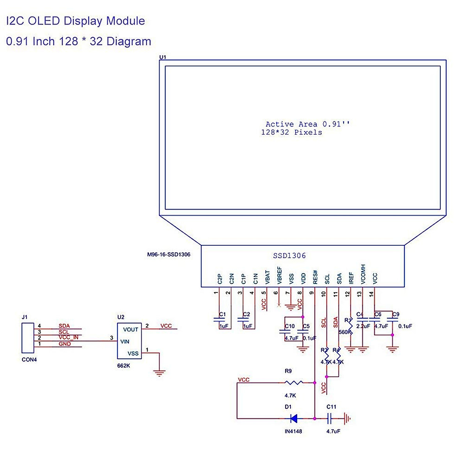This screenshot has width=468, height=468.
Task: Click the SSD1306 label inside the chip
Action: (x=289, y=256)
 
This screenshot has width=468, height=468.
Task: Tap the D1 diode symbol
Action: (x=294, y=419)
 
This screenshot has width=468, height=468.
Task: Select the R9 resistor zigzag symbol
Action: (x=294, y=383)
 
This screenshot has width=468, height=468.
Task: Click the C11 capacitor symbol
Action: (x=330, y=419)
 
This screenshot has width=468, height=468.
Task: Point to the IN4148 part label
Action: (x=293, y=431)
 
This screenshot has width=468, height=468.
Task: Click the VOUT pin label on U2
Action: (x=131, y=330)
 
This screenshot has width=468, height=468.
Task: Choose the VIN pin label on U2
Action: (x=125, y=342)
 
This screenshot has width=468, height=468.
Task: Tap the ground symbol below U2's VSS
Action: (x=159, y=373)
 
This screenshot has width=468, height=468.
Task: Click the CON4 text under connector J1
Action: (x=29, y=360)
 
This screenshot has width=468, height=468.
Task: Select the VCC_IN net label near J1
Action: (x=68, y=337)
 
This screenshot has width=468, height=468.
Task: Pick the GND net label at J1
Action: (x=65, y=344)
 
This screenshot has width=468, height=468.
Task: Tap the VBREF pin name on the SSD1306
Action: (x=279, y=275)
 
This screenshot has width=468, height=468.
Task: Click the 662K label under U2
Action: (x=124, y=366)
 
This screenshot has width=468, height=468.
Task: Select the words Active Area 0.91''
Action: (x=308, y=124)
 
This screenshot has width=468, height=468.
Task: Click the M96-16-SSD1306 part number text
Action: (x=168, y=255)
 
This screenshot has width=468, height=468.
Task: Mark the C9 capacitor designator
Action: (x=396, y=314)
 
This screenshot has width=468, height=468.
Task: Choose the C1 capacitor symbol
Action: (x=219, y=321)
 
